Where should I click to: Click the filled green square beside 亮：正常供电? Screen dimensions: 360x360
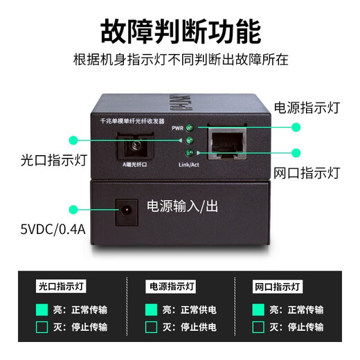click(x=150, y=309)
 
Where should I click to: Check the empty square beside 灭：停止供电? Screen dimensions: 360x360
click(x=150, y=327)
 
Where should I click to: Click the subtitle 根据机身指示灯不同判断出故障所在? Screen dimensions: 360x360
click(x=180, y=60)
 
